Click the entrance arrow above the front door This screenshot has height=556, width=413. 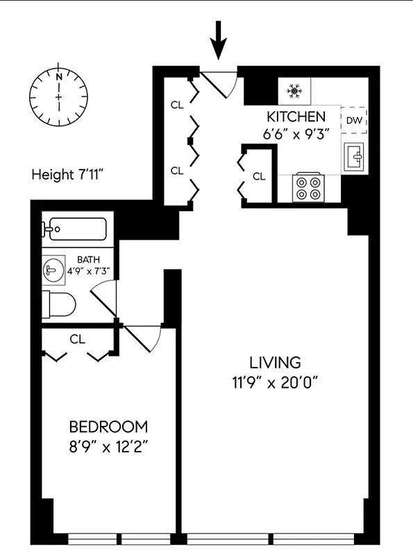219,41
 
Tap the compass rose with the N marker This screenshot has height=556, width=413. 59,95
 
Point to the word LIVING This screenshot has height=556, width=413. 276,362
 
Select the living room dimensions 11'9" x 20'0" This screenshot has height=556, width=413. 276,382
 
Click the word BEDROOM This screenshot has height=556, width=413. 108,426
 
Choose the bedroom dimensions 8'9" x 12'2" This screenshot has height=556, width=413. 108,446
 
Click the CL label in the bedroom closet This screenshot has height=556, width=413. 78,339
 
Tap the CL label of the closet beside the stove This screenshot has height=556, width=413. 259,177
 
